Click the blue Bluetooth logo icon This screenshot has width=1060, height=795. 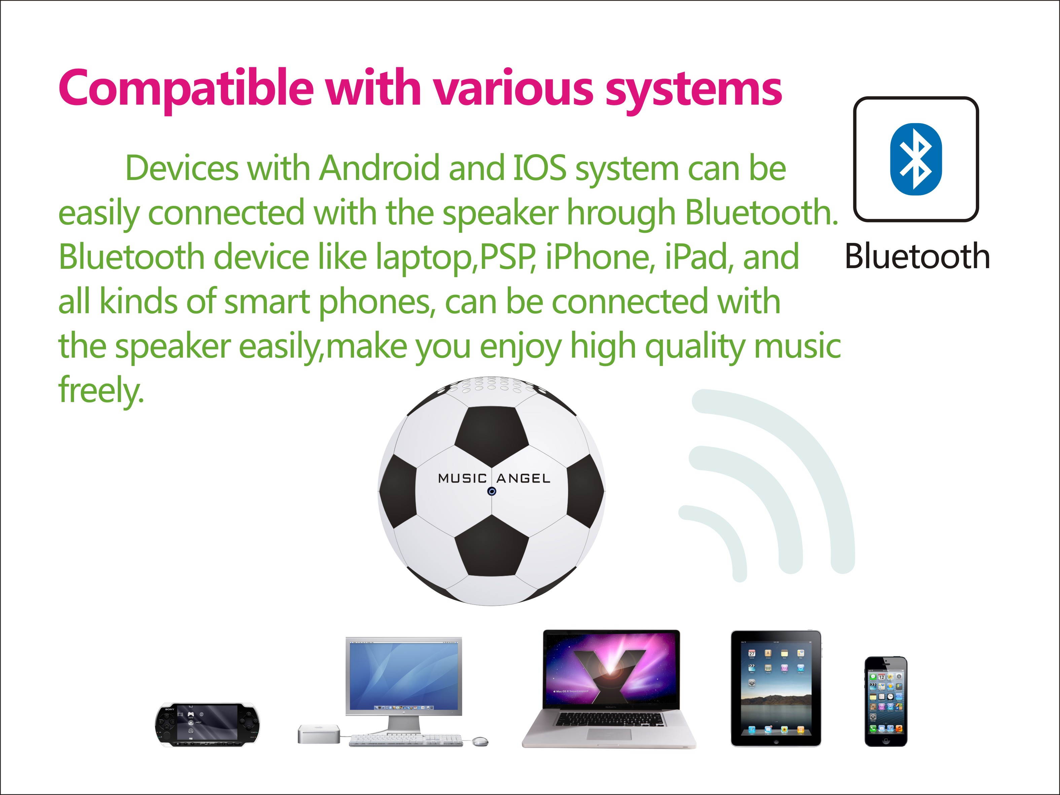[915, 159]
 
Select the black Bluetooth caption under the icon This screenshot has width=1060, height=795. [917, 256]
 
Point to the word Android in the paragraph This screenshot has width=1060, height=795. [379, 169]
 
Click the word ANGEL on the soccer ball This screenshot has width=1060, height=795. [523, 478]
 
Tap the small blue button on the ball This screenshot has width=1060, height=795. [492, 491]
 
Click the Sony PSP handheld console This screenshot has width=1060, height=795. [207, 725]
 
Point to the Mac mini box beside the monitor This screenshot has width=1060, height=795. [318, 734]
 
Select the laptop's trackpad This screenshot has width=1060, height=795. [609, 734]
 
